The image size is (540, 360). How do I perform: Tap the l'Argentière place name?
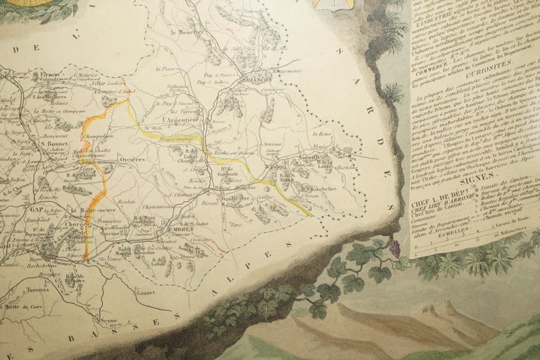179,121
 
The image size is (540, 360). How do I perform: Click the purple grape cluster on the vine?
395,248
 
